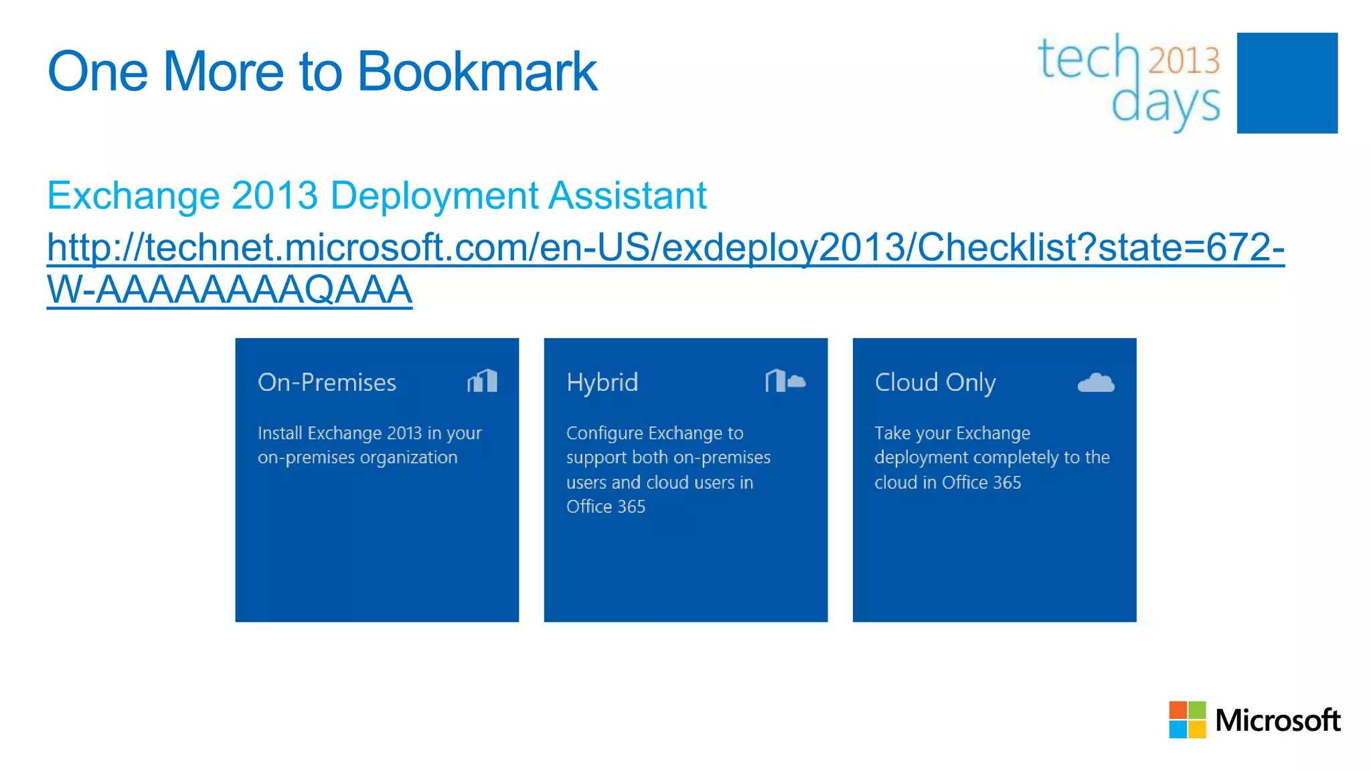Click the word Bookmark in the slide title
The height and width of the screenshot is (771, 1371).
(477, 72)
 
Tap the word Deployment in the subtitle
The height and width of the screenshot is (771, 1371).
(434, 195)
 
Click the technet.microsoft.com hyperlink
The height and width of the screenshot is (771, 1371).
(665, 247)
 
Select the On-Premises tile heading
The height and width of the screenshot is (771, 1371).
(327, 382)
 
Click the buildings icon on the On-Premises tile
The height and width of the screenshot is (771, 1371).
(482, 381)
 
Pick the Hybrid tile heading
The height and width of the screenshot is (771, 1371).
(602, 383)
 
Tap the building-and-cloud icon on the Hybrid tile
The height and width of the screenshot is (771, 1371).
(785, 381)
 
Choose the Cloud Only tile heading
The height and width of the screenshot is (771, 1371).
(935, 383)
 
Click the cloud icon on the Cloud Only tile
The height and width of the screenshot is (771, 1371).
(1095, 382)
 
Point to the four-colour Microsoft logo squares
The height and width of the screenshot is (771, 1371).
(1187, 719)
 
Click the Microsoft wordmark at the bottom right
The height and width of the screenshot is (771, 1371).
(1277, 720)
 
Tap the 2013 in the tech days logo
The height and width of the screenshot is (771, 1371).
(1184, 60)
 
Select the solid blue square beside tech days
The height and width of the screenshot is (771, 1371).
(1287, 83)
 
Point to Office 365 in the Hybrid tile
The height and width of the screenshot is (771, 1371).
(605, 507)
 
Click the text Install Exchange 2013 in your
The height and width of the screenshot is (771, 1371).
(370, 433)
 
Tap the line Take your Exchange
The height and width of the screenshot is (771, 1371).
(952, 433)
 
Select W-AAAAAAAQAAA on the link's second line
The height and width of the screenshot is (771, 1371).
(229, 290)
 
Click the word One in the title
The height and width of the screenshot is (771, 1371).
(98, 72)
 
